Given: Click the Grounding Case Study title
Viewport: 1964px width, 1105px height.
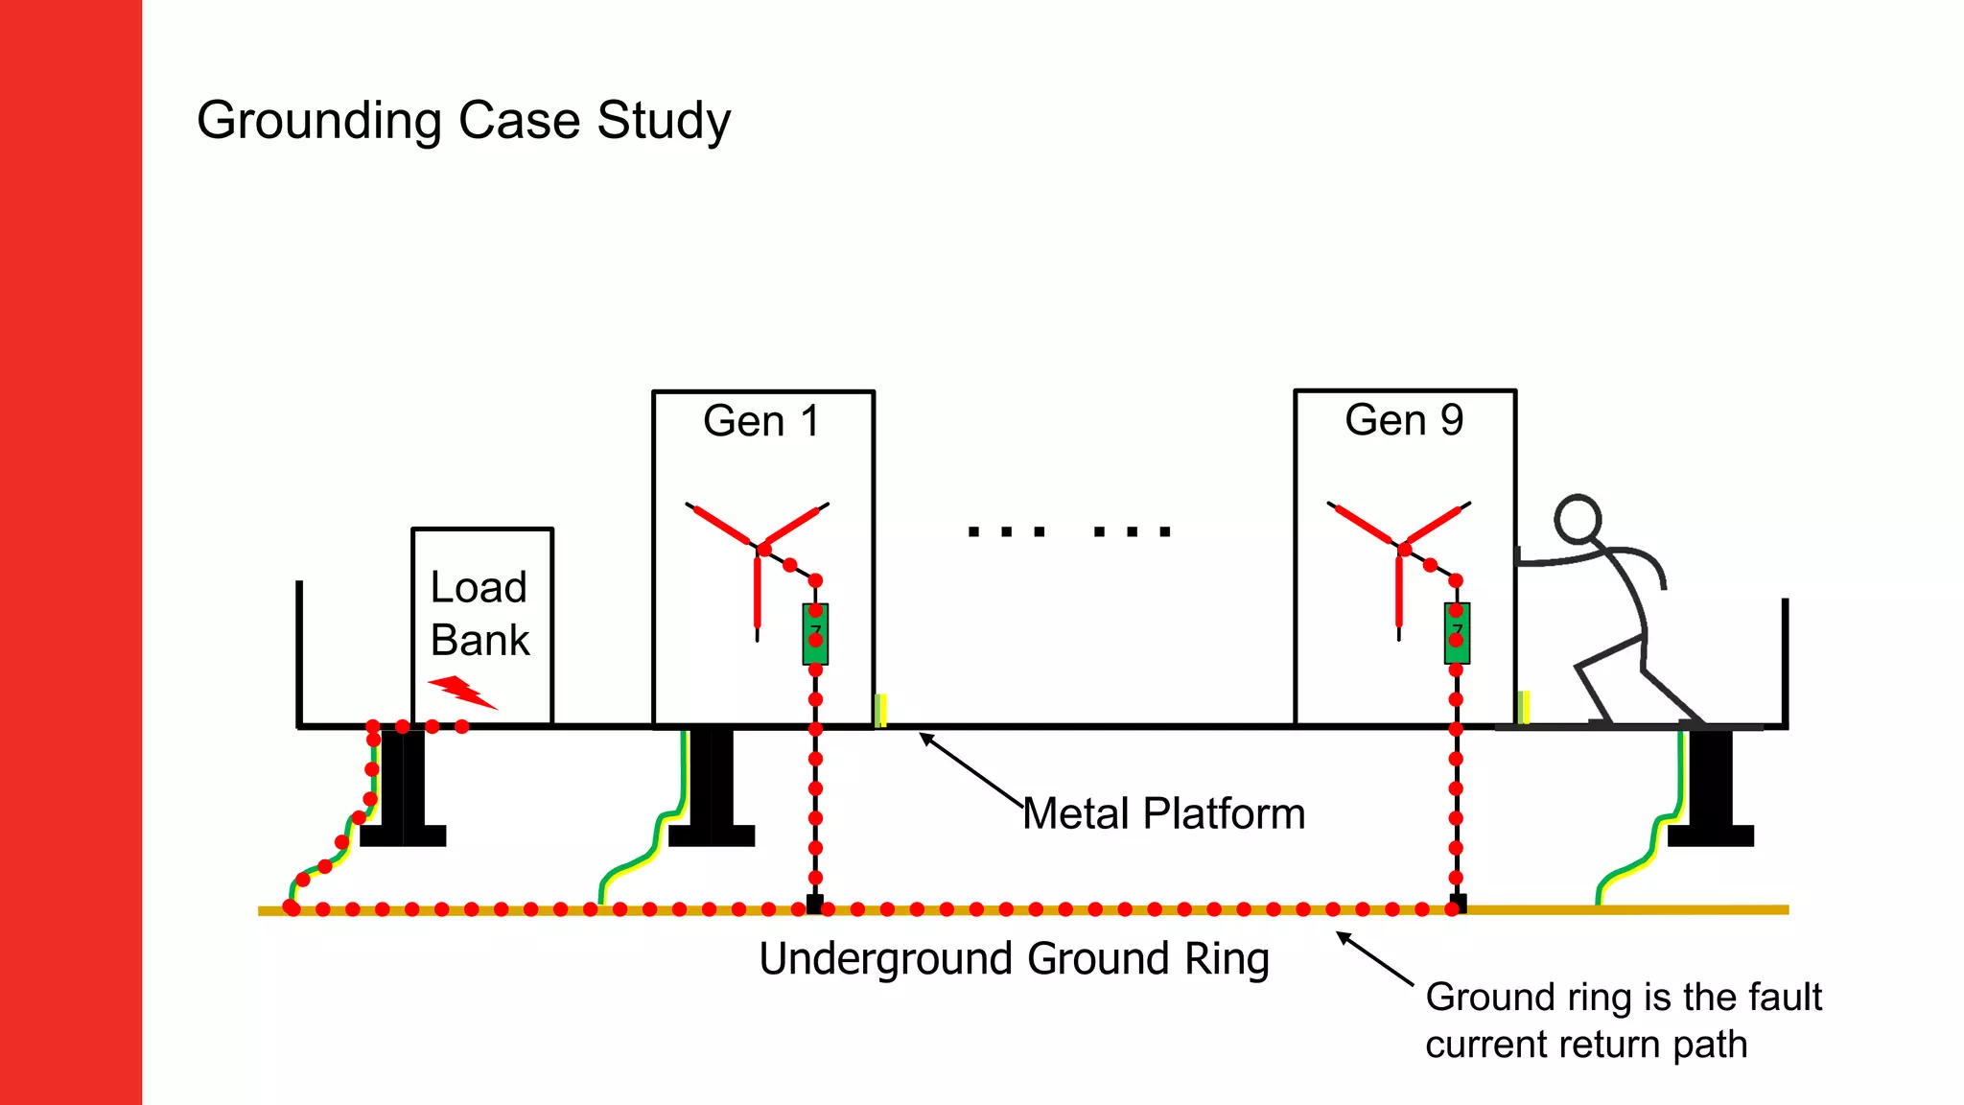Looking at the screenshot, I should click(463, 121).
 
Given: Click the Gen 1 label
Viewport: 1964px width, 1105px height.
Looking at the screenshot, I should click(761, 421).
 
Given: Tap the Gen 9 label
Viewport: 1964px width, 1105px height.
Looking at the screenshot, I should click(1404, 420).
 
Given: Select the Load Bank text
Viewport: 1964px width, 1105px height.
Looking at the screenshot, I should click(479, 614).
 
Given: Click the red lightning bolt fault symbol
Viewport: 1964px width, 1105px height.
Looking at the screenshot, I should click(461, 692).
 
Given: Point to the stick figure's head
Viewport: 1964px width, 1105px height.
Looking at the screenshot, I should click(1578, 519).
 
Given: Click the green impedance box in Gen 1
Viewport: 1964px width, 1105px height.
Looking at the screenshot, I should click(815, 635).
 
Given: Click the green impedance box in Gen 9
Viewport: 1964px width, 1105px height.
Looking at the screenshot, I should click(1457, 635).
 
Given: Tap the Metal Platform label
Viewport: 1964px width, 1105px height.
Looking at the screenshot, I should click(1163, 814).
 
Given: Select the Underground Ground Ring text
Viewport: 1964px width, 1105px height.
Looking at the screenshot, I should click(1014, 959).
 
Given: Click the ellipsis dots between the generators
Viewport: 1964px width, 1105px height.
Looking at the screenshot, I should click(1068, 531).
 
